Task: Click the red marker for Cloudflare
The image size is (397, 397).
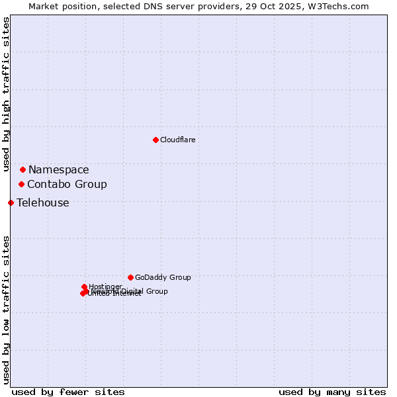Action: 155,140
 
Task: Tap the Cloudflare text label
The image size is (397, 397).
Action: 177,140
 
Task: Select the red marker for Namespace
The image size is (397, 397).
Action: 22,170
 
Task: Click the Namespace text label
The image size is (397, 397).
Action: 58,170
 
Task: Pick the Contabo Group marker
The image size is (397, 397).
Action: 21,184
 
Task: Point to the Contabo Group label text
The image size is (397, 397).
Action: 67,185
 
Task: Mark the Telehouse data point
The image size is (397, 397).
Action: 11,202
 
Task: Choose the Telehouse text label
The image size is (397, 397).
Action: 42,203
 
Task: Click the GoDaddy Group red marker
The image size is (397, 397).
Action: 130,277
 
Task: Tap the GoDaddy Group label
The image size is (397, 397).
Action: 163,277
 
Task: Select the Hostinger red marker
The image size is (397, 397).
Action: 84,287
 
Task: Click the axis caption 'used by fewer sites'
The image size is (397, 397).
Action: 68,392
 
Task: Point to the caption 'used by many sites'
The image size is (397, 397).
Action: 332,392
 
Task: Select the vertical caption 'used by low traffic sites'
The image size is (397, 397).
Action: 7,310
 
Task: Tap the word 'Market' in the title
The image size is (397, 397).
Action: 43,6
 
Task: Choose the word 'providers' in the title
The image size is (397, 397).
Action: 221,6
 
